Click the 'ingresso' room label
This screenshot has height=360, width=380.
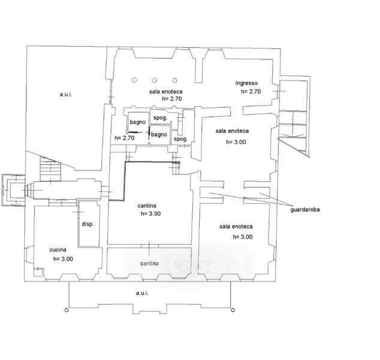tap(246, 83)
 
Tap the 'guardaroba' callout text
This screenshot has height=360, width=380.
tap(305, 209)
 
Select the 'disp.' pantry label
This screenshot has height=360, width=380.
tap(88, 224)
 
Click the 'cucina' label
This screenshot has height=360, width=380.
tap(58, 250)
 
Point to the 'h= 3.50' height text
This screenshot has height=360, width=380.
tap(150, 214)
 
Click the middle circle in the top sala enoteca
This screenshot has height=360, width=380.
tap(155, 80)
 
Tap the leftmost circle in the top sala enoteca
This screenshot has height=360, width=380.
tap(134, 80)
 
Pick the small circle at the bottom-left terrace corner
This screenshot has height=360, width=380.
tap(67, 310)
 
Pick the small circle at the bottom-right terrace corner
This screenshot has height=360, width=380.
tap(233, 310)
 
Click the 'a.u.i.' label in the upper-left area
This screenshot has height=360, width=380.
tap(66, 94)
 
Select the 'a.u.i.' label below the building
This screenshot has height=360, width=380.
tap(142, 293)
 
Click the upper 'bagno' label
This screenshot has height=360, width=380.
tap(138, 122)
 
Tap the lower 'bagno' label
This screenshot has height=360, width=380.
tap(159, 134)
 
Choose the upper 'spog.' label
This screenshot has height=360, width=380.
tap(160, 118)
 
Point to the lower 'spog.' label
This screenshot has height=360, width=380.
tap(181, 139)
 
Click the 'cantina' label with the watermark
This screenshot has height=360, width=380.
tap(149, 263)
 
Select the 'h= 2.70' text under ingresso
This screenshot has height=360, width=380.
tap(251, 91)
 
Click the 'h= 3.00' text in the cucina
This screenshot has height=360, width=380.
tap(63, 259)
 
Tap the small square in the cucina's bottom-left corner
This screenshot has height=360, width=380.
tap(38, 272)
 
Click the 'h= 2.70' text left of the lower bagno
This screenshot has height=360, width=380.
tap(124, 138)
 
